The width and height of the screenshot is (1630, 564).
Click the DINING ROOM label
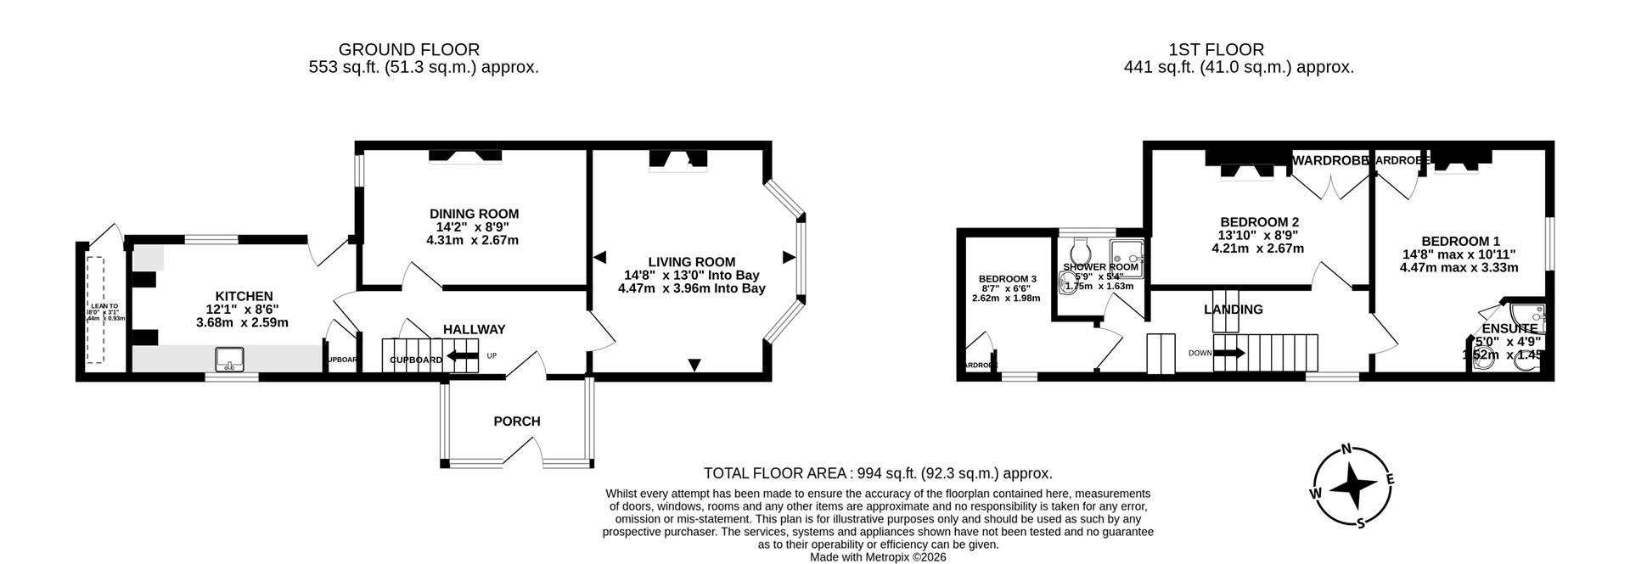tap(474, 214)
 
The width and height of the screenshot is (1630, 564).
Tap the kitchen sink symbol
tap(229, 360)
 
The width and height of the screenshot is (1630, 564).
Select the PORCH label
tap(516, 421)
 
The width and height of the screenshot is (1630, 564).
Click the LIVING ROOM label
tap(691, 262)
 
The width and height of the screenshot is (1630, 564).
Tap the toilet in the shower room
tap(1081, 249)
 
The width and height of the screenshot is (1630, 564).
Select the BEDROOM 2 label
tap(1257, 222)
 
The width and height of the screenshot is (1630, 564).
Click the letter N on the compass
tap(1346, 450)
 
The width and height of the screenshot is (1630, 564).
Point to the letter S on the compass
tap(1361, 522)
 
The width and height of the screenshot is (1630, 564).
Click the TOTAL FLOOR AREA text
tap(878, 473)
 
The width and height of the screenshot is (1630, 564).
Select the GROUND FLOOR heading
tap(408, 50)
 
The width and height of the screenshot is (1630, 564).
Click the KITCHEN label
tap(244, 296)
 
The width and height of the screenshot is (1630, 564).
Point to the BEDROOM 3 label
tap(1007, 279)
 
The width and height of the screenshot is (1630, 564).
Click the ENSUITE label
tap(1509, 328)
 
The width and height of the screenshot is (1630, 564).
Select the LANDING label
tap(1233, 310)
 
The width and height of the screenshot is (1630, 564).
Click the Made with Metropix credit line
tap(878, 557)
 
